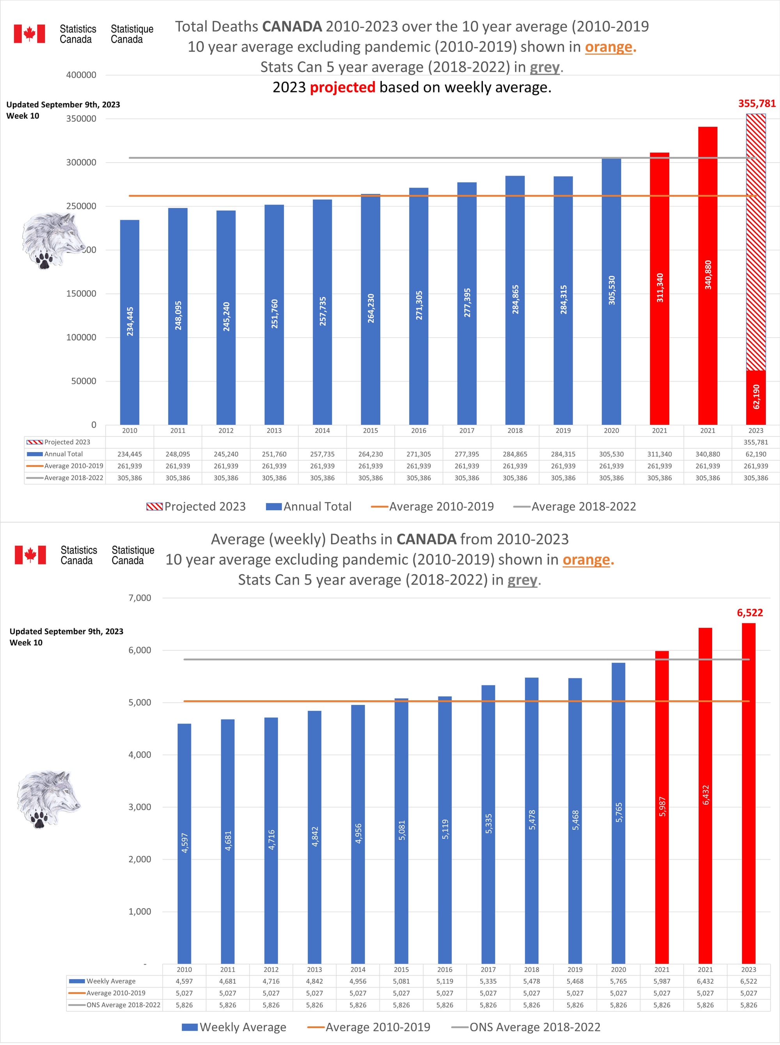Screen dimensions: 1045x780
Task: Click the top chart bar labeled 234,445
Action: coord(129,322)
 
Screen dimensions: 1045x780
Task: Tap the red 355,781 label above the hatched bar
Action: coord(756,103)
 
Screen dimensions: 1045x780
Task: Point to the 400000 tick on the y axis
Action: coord(81,75)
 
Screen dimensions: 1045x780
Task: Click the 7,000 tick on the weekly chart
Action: coord(140,598)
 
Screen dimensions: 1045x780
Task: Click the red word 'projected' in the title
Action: coord(342,87)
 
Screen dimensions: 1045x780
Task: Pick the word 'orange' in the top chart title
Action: coord(608,47)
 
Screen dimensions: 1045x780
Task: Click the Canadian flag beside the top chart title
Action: coord(29,34)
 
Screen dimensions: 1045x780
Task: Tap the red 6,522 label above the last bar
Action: coord(750,613)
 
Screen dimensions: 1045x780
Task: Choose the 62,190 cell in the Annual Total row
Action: coord(755,454)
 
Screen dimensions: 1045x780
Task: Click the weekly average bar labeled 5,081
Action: coord(401,831)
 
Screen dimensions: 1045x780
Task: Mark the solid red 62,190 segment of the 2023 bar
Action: coord(755,397)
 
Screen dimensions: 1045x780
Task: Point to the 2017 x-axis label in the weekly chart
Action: coord(488,969)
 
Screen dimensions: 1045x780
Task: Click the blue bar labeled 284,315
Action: coord(563,300)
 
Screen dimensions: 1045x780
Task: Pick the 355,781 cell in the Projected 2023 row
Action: coord(755,442)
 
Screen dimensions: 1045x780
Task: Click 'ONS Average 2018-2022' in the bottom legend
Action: coord(534,1027)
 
